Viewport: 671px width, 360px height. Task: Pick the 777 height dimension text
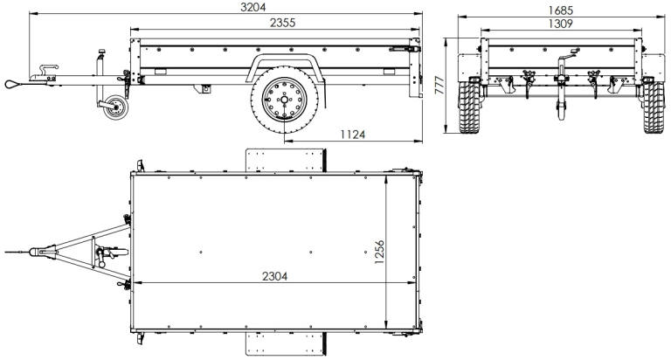[440, 85]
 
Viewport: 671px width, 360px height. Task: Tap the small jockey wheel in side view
[112, 109]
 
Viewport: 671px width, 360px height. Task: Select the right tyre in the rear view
[653, 106]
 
